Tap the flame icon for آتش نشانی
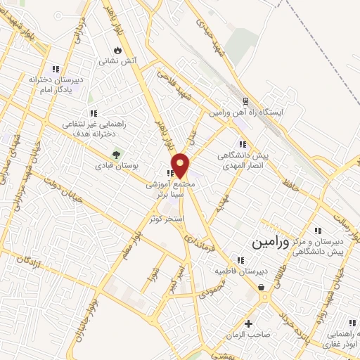117,51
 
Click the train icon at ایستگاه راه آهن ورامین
245,101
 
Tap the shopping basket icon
262,287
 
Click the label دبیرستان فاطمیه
239,271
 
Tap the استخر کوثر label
166,219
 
